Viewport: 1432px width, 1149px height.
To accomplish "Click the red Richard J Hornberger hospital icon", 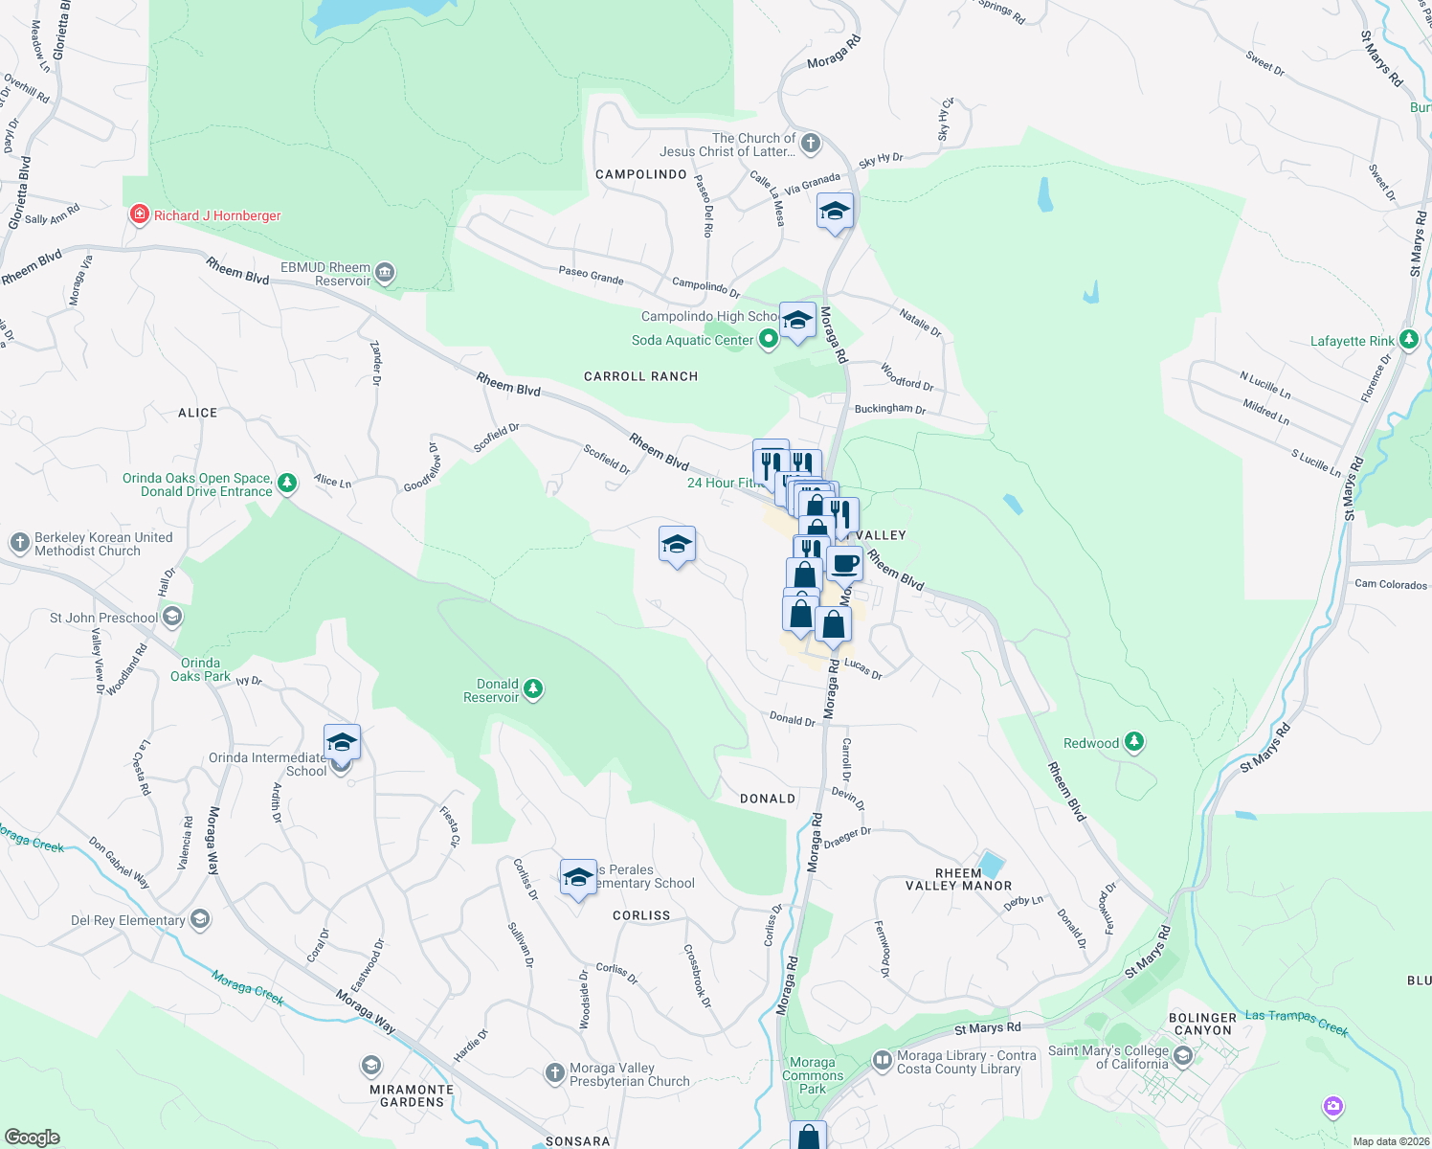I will click(x=140, y=214).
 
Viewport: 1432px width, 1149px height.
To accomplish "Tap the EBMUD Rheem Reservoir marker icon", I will click(x=385, y=274).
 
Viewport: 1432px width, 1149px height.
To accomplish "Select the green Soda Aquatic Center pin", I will click(x=768, y=339).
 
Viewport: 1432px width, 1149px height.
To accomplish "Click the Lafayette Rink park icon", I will click(x=1408, y=340).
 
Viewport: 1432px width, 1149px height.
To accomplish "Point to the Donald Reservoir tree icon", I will click(x=533, y=689).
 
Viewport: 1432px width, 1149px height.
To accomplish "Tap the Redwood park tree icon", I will click(x=1134, y=742).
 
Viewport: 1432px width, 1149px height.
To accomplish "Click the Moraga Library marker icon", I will click(x=882, y=1061).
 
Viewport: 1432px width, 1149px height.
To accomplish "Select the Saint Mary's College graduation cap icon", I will click(x=1183, y=1056).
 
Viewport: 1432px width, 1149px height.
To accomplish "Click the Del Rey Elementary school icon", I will click(x=199, y=920).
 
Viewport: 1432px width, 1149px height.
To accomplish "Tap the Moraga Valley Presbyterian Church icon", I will click(x=555, y=1073).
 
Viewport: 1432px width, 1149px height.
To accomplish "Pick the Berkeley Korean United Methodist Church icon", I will click(x=20, y=543).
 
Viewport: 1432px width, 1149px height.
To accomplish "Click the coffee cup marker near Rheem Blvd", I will click(x=844, y=565).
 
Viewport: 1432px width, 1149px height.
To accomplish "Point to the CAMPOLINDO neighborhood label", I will click(x=641, y=174).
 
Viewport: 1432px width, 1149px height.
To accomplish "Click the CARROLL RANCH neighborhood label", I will click(x=641, y=376).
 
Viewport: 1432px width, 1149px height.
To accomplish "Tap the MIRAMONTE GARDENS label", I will click(x=412, y=1095).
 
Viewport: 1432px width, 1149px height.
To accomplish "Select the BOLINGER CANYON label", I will click(x=1203, y=1024).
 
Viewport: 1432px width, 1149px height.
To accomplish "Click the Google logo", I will click(x=33, y=1138).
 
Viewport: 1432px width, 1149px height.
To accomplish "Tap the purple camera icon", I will click(x=1333, y=1107).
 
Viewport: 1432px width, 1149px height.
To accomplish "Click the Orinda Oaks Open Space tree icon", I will click(x=287, y=484).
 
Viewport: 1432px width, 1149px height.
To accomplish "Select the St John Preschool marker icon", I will click(x=172, y=618).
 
